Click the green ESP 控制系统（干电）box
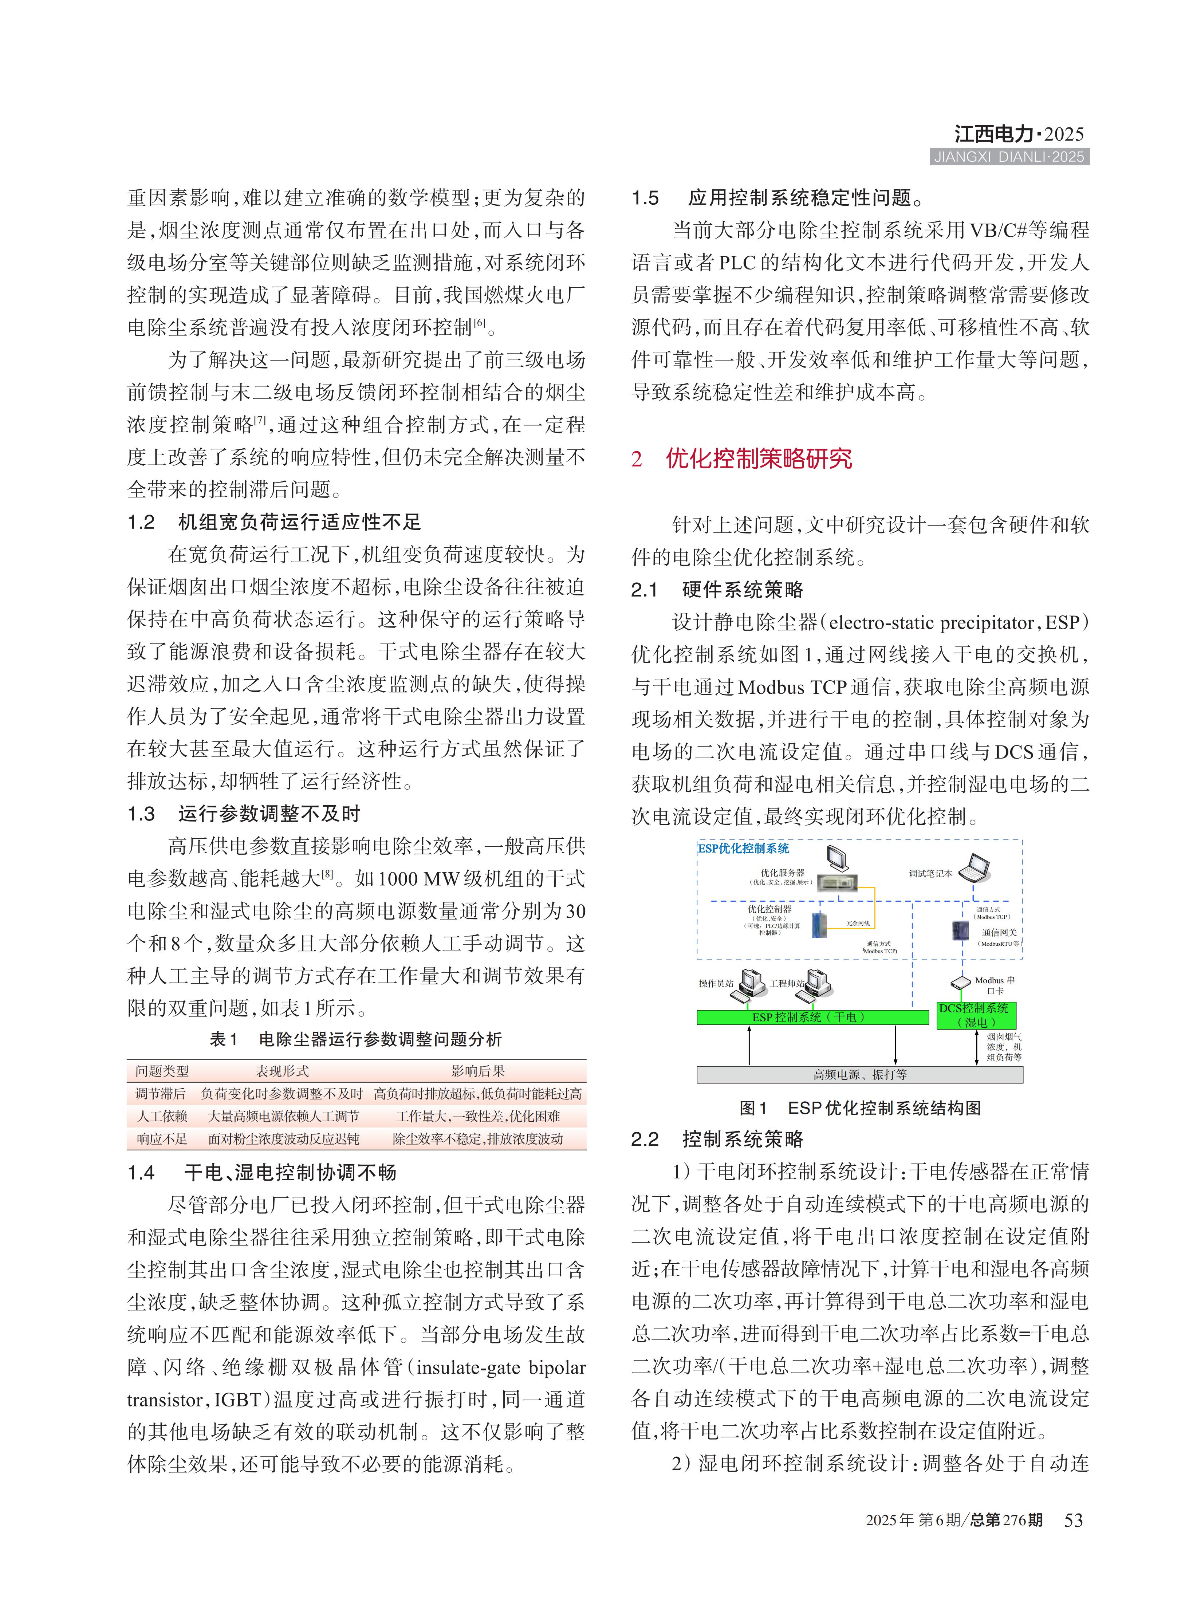pos(812,1017)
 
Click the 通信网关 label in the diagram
pos(999,932)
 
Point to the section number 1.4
pos(141,1173)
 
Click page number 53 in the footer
pos(1073,1520)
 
